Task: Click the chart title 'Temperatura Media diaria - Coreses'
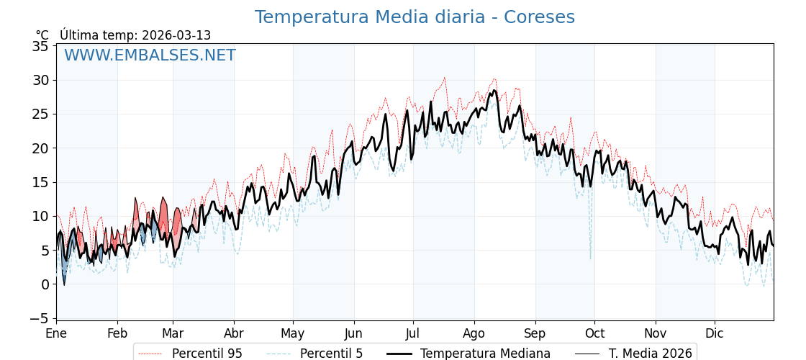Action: pos(415,17)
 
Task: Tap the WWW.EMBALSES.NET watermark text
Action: pos(150,55)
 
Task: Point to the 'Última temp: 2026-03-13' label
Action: pos(135,35)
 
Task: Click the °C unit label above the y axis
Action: pos(42,35)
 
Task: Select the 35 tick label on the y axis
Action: pos(41,47)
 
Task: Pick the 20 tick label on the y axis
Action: pos(41,148)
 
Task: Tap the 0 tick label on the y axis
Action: pos(45,284)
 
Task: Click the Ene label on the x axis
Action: pos(56,334)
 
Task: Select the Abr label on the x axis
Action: pos(234,334)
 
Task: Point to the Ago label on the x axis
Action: pos(474,334)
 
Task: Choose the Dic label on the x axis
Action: pos(715,334)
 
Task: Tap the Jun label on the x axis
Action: pos(353,334)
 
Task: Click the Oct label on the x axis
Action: pos(594,334)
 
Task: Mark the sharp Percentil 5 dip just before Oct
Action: pos(590,257)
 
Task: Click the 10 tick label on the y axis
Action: pos(41,216)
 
